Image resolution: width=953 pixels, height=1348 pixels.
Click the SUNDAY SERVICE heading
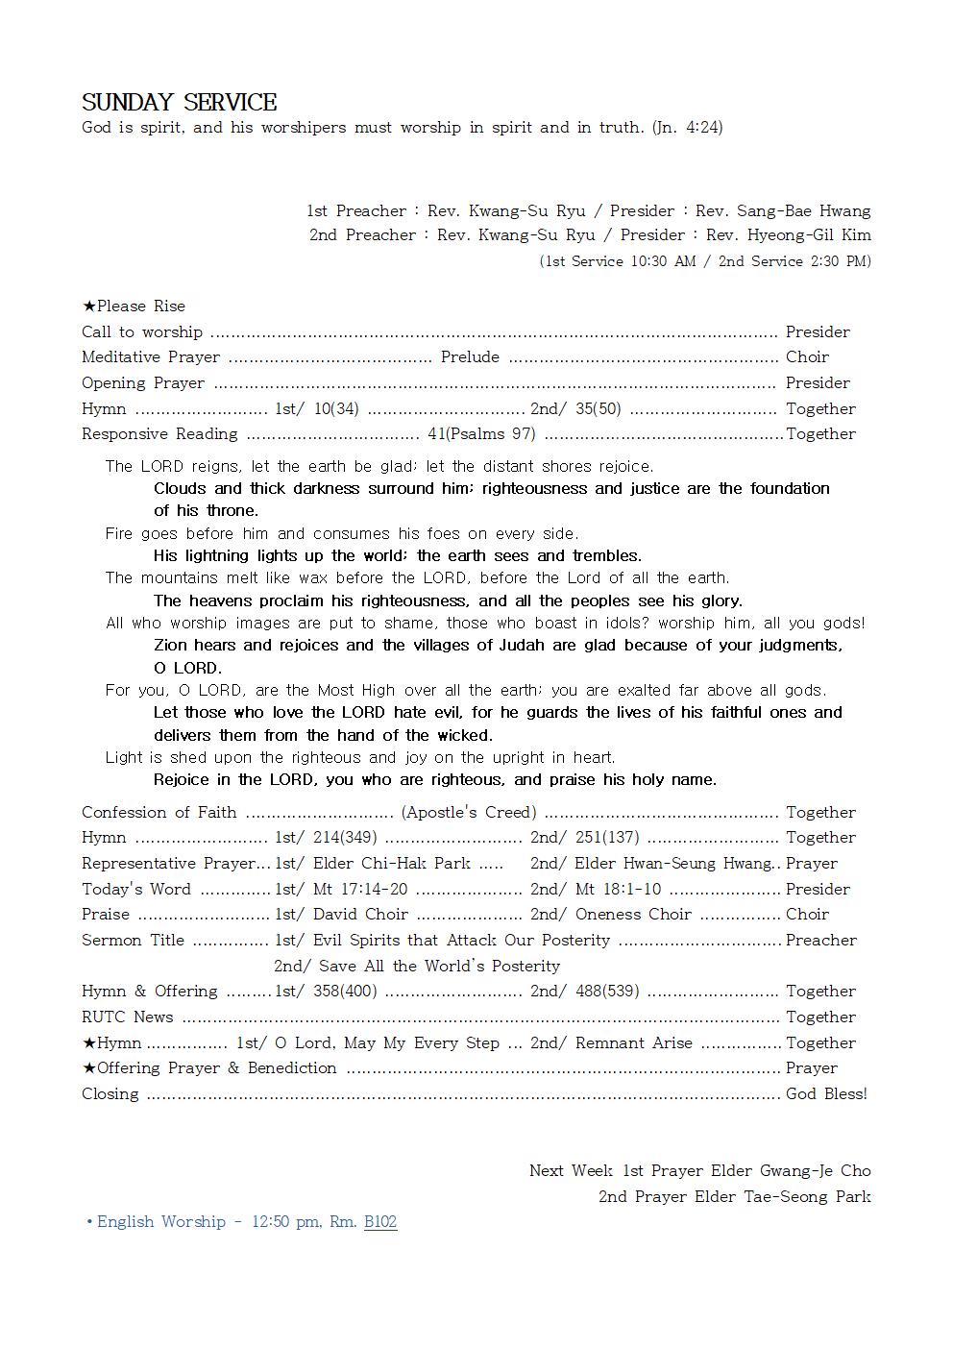[x=180, y=103]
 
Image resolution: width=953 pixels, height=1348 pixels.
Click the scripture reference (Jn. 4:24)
[x=687, y=127]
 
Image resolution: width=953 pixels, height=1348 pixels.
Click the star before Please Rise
[x=88, y=306]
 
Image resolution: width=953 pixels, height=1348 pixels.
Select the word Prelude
[x=470, y=357]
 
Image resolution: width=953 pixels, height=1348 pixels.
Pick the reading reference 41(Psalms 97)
[x=481, y=434]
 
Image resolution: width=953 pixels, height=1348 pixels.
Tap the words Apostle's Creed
[x=469, y=813]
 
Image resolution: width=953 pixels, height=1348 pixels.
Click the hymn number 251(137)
[x=607, y=838]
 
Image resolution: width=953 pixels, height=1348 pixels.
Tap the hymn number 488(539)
[x=607, y=992]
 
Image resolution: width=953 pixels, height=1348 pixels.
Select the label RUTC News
[x=128, y=1017]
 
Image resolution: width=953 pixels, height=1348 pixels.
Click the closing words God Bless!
[x=826, y=1094]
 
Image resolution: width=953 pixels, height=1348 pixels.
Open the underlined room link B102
[x=380, y=1222]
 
